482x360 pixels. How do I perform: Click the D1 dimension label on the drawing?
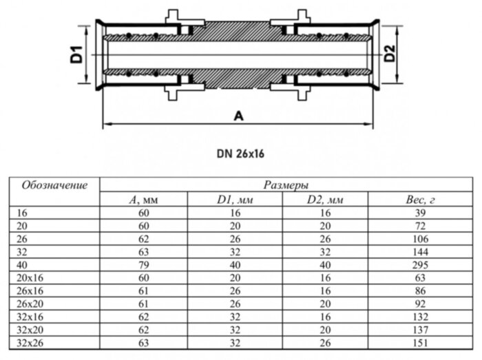[76, 54]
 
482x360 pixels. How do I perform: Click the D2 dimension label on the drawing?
[389, 54]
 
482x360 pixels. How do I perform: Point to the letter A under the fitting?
[238, 116]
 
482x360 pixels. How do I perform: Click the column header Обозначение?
[54, 186]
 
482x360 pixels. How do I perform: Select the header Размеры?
[285, 186]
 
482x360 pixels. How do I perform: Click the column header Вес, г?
[417, 200]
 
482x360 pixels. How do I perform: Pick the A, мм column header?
[144, 200]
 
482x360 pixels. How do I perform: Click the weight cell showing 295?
[417, 264]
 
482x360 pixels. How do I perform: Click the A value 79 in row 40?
[144, 264]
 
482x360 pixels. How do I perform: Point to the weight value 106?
[417, 239]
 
